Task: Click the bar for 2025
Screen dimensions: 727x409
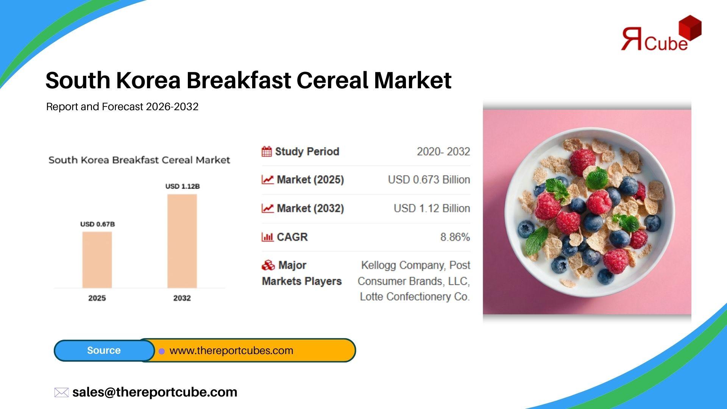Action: point(97,260)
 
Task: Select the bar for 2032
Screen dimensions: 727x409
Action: point(182,241)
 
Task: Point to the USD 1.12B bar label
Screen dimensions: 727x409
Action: point(183,186)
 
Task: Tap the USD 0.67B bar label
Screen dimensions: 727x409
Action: point(97,224)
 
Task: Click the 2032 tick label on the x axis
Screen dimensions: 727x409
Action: point(182,298)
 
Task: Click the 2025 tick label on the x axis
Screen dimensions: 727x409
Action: point(97,298)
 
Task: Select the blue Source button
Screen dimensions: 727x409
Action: point(104,350)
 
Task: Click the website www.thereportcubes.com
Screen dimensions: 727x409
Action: point(231,351)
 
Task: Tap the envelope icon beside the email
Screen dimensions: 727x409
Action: point(61,392)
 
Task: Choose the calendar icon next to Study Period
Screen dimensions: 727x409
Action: point(267,151)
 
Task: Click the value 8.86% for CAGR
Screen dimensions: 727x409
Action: point(455,237)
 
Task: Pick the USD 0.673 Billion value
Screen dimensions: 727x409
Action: point(429,180)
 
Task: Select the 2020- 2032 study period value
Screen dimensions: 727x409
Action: point(443,151)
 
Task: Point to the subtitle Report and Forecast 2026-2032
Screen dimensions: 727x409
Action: point(122,107)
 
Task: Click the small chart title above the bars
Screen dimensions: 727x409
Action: point(139,160)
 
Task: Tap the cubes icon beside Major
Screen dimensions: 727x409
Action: point(268,265)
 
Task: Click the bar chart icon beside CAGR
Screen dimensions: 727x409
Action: point(267,237)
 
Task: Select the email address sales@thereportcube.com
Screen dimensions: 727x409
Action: point(155,392)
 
